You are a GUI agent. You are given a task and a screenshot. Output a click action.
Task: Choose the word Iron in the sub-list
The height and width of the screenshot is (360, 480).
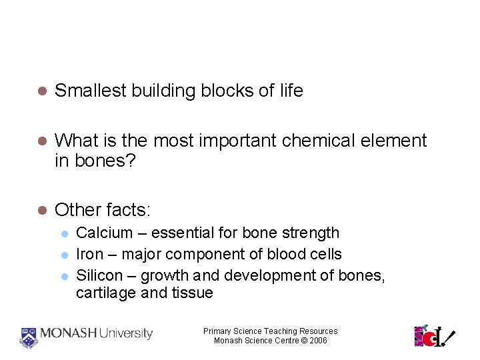point(90,254)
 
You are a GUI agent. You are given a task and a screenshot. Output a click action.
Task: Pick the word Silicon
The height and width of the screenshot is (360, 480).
point(99,275)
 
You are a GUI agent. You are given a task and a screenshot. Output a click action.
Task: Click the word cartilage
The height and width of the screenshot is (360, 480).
point(105,293)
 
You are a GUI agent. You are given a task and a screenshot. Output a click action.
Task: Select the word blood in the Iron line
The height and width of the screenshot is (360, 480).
point(284,254)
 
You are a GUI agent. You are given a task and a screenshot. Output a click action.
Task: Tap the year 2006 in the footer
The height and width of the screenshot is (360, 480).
point(318,341)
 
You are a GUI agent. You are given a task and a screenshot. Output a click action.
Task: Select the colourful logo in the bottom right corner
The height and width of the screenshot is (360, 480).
point(434,335)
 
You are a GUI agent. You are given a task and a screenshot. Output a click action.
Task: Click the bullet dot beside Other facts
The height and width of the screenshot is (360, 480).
point(41,211)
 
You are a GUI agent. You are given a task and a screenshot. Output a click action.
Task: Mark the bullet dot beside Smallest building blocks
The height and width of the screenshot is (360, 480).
point(41,91)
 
